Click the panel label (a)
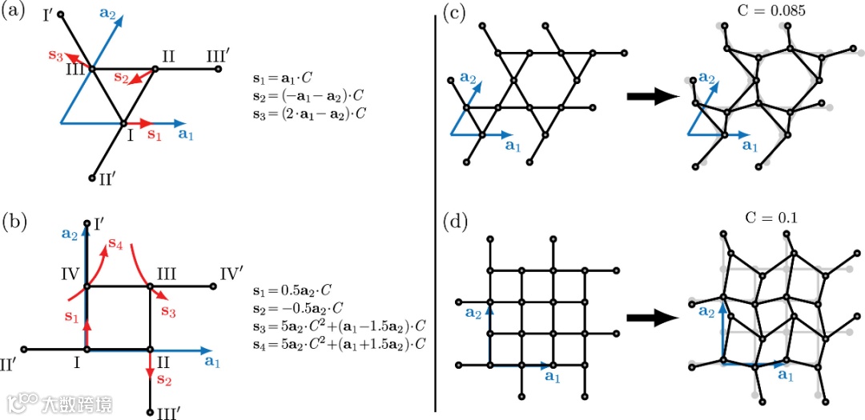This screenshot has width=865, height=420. tap(16, 14)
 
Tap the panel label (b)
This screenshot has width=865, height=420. tap(16, 218)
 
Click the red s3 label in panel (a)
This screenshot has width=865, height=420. tap(55, 55)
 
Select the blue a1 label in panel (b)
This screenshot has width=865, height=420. tap(213, 362)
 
